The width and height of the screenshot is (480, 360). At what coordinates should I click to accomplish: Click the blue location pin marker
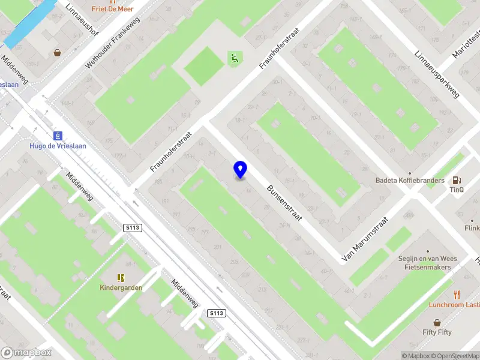240,170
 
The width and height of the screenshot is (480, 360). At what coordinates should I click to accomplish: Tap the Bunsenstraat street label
284,202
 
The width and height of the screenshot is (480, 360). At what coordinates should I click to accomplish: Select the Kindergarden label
121,287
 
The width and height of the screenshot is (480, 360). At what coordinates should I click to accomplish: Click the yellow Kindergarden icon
121,277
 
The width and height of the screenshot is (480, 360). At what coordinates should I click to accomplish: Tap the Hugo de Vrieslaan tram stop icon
58,136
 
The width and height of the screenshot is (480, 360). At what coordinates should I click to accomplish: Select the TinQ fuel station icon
457,179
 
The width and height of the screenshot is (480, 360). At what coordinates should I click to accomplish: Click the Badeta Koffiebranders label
410,181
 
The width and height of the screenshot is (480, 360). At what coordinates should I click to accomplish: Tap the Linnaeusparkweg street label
436,74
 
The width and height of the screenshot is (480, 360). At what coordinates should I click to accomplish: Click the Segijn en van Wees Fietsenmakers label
427,263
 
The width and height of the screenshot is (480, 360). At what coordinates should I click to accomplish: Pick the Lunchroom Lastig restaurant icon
457,294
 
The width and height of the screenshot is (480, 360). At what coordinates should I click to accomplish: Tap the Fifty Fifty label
437,332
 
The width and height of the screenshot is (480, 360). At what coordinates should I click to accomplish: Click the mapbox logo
26,353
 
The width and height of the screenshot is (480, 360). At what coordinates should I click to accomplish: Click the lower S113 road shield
217,313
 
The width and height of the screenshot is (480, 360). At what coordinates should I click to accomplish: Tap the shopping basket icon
58,53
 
